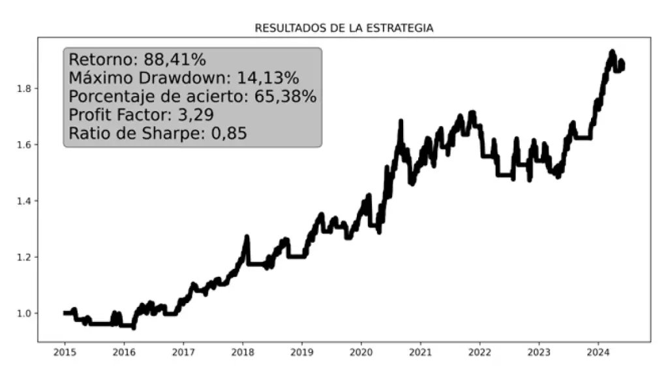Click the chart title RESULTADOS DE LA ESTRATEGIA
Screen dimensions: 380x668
(x=344, y=28)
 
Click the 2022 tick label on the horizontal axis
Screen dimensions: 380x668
(x=479, y=353)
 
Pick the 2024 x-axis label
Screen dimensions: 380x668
(x=598, y=353)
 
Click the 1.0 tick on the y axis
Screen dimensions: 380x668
(x=24, y=313)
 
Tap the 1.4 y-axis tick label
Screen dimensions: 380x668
(x=24, y=201)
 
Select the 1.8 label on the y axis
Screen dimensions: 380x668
(x=24, y=88)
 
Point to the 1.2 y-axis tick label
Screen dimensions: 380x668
(x=24, y=257)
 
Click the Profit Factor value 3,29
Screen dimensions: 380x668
(x=200, y=116)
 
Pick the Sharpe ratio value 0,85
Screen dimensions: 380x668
(x=228, y=135)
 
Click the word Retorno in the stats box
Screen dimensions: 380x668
(x=100, y=60)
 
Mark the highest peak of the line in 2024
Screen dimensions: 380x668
(x=612, y=52)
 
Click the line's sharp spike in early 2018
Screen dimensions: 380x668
(x=247, y=237)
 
